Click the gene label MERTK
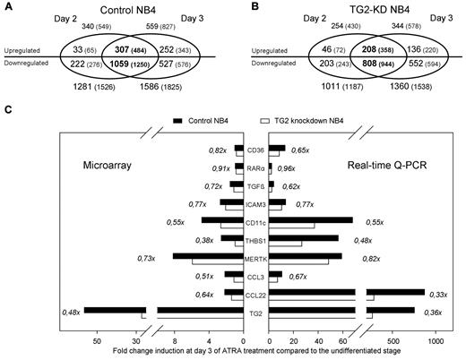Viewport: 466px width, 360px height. coord(255,257)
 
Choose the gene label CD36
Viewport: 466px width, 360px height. coord(255,151)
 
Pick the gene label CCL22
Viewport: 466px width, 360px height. coord(255,293)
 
